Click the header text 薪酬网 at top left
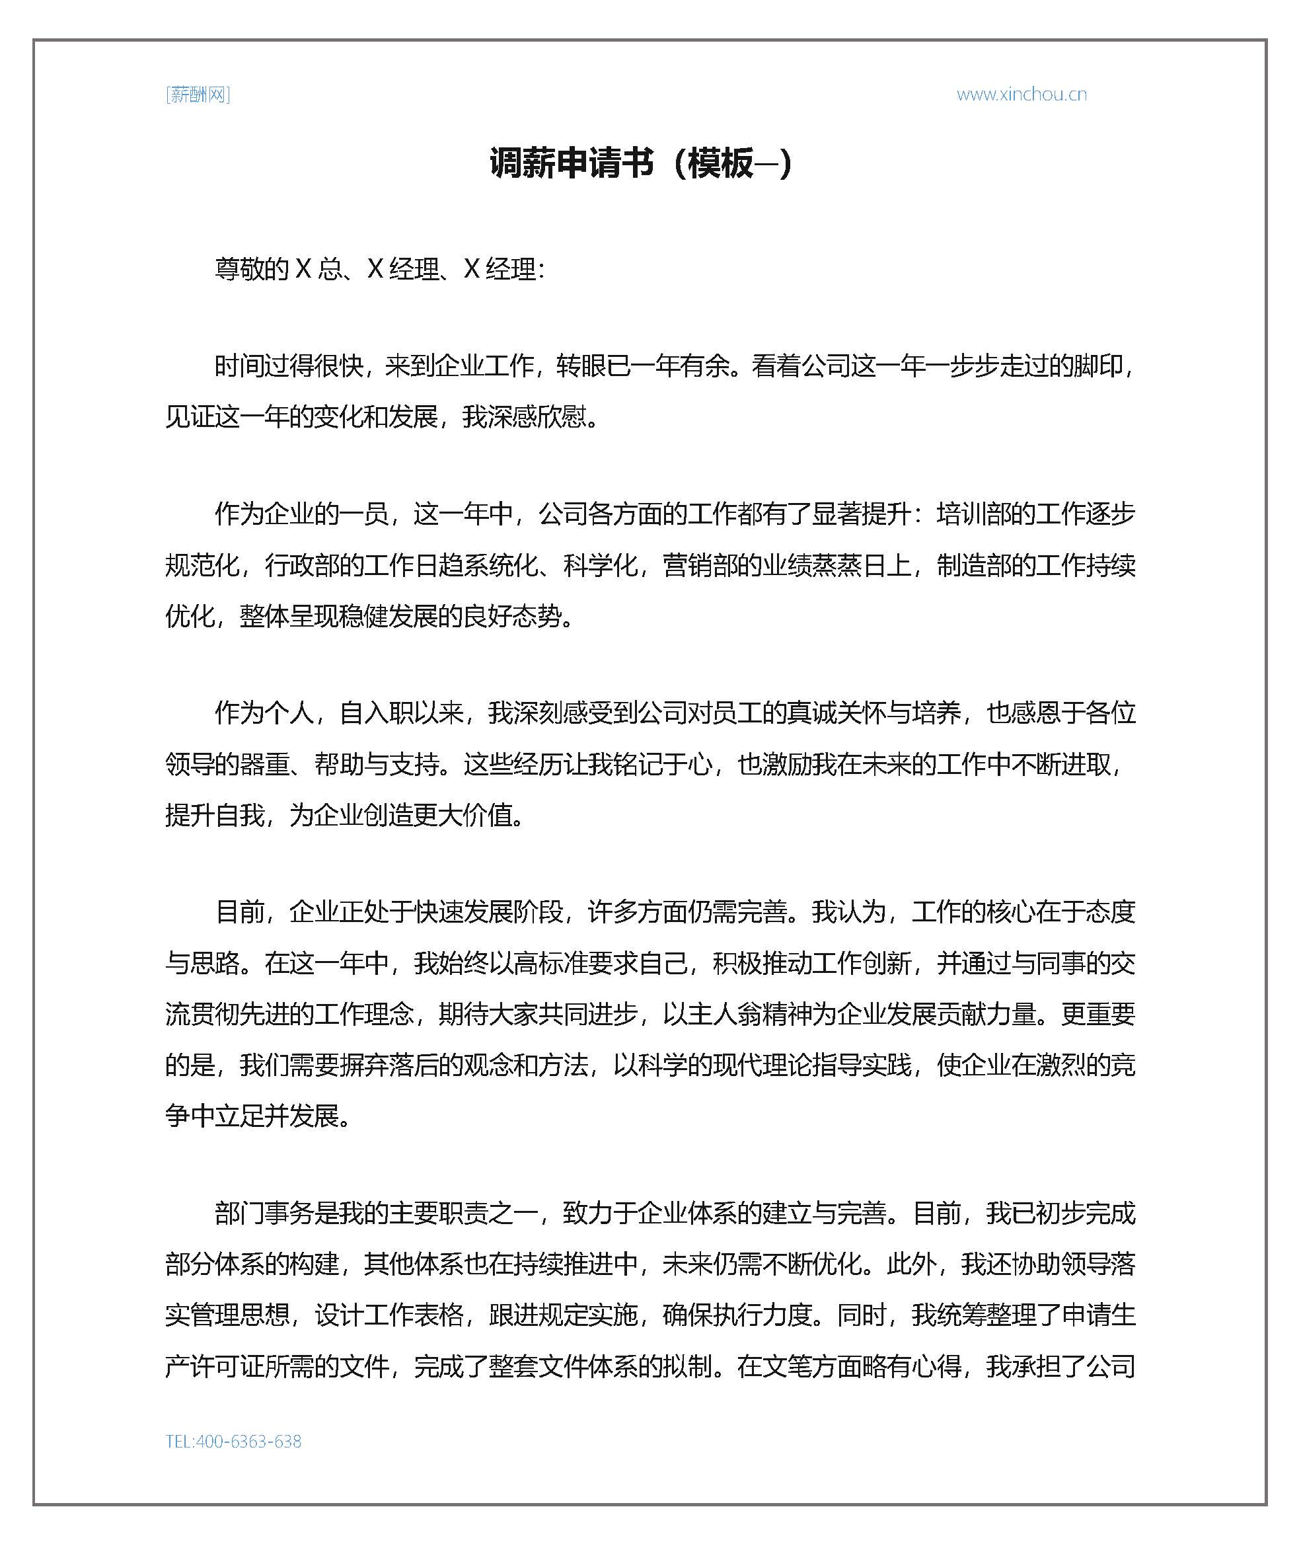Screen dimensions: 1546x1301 click(x=198, y=95)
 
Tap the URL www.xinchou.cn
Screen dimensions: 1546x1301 click(x=1022, y=95)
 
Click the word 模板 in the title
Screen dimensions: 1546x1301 click(x=721, y=163)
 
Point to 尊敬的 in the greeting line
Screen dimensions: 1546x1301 click(x=252, y=269)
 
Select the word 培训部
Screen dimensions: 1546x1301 click(x=973, y=514)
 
